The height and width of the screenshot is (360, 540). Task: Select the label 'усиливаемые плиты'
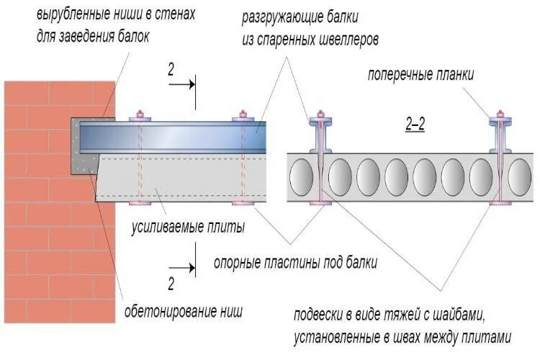(x=187, y=228)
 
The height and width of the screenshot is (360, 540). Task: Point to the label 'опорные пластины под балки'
(x=296, y=264)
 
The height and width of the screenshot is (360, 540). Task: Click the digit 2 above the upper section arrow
(x=171, y=70)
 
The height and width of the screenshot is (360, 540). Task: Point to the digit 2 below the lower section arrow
(x=171, y=284)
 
